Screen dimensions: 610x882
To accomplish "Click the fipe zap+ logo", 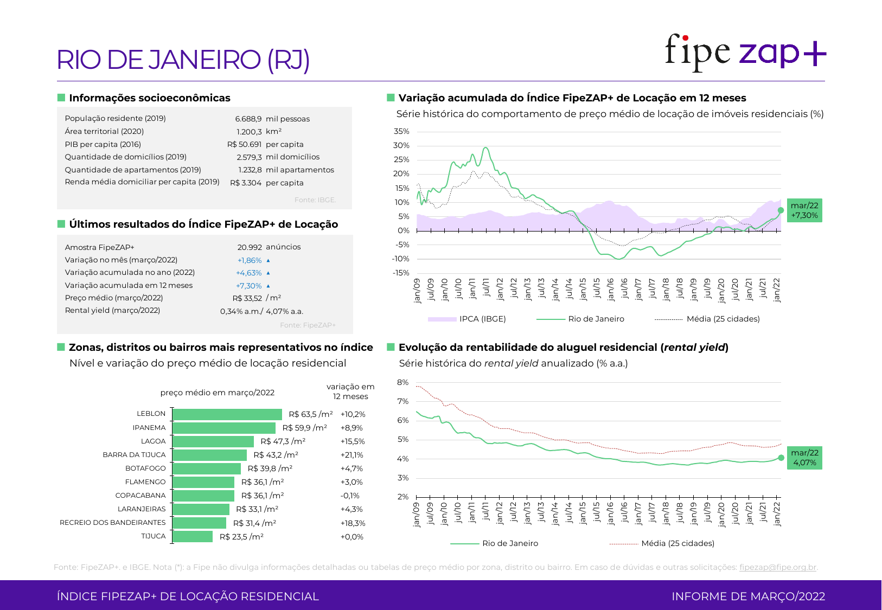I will [x=745, y=53].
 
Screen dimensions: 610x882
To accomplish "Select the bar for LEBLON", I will [x=227, y=414].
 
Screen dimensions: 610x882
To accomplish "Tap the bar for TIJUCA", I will [x=193, y=537].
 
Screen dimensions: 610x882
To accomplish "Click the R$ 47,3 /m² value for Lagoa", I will [x=283, y=441].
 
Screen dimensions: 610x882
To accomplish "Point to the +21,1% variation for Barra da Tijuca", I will [x=351, y=455].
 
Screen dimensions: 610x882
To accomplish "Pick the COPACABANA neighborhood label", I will [x=140, y=496].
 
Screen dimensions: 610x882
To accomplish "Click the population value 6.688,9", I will [x=248, y=119].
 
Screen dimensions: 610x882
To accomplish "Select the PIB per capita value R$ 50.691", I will [x=244, y=144].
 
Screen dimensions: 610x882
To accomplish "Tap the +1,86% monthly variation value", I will [x=250, y=260].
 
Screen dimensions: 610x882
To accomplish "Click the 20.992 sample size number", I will [x=250, y=247].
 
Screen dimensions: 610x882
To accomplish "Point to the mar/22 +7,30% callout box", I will [x=804, y=210].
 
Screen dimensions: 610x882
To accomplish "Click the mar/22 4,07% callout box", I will [x=804, y=458].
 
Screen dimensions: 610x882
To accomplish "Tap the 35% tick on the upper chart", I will [x=401, y=131].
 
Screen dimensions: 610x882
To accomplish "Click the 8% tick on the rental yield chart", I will [x=402, y=382].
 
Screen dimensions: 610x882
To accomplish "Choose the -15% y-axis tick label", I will [x=401, y=273].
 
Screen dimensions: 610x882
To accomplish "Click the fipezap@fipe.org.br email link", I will [x=778, y=567].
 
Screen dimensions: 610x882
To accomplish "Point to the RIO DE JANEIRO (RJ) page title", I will [x=183, y=60].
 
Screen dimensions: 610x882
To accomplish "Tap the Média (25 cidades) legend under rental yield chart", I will [x=678, y=543].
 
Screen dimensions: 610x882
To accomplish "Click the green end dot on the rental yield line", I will [x=781, y=458].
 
